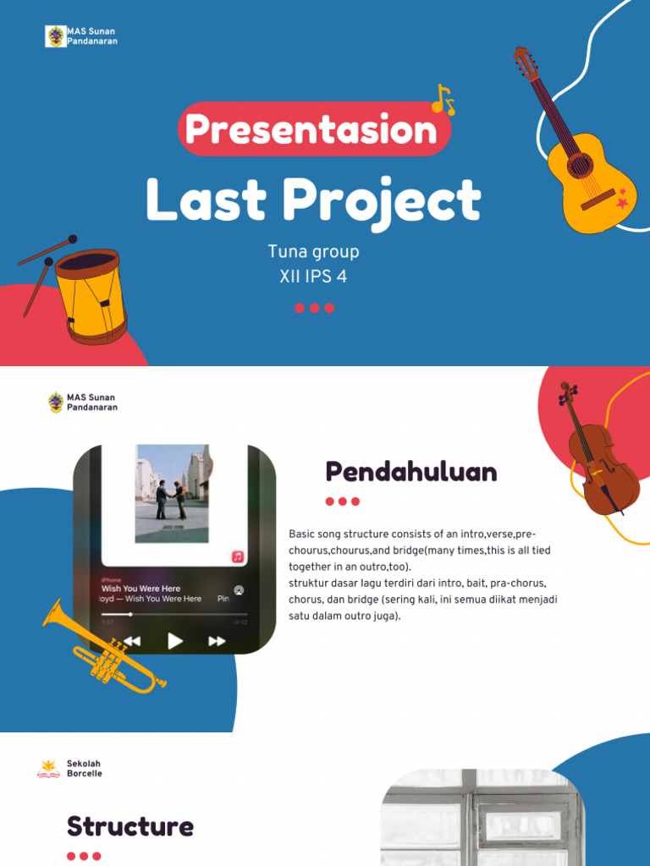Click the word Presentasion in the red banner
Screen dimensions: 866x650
point(311,129)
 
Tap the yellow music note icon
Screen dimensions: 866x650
point(443,100)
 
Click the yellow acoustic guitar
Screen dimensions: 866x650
point(584,169)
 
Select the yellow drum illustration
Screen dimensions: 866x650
point(89,293)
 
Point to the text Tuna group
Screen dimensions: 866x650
point(313,251)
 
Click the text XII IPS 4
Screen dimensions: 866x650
point(313,277)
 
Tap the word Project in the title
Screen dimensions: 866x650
point(382,201)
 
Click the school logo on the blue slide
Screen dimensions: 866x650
point(56,36)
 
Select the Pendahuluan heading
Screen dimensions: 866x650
point(411,472)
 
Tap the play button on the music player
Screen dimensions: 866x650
point(175,640)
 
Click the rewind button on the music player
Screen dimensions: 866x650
point(132,641)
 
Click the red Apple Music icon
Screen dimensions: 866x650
point(238,556)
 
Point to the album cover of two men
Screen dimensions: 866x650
point(171,492)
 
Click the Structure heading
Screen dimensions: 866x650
point(130,826)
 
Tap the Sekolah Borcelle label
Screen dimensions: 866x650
point(84,769)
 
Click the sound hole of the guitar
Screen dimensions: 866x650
point(580,164)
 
